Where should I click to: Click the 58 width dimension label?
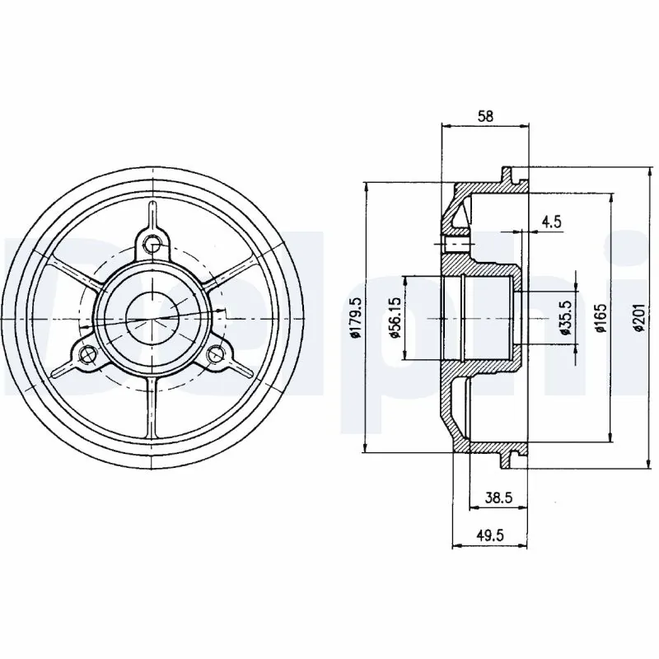[485, 117]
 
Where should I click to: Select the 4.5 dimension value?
[551, 221]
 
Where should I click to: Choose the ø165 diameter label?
[601, 318]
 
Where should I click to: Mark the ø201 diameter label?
[638, 318]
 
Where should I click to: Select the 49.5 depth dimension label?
[489, 535]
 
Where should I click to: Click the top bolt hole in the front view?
[152, 243]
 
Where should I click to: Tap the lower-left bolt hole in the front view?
[86, 354]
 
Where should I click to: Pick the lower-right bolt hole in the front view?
[216, 354]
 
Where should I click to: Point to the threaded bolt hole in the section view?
[455, 245]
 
